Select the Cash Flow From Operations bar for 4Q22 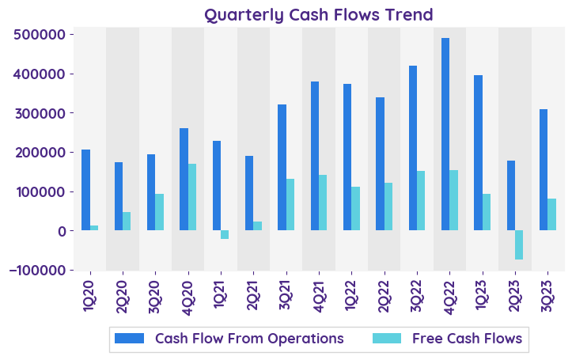click(445, 135)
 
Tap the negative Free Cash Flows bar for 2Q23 click(519, 244)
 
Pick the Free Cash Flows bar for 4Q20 click(192, 197)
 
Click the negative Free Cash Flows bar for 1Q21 click(225, 234)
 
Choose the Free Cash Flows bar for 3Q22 click(421, 200)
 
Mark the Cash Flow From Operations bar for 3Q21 click(282, 167)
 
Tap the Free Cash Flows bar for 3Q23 click(551, 214)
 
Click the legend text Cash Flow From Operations click(249, 339)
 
